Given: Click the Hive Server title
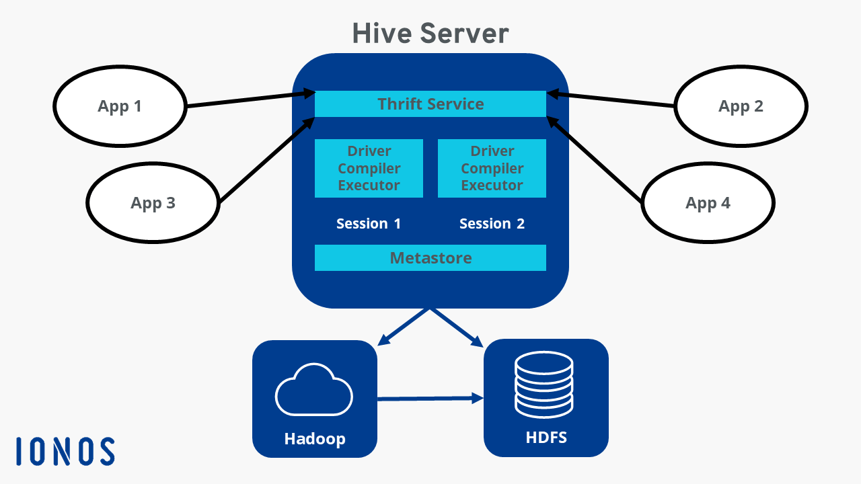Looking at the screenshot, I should [430, 33].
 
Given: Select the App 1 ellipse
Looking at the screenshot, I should [120, 106].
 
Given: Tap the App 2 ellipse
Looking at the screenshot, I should [741, 106].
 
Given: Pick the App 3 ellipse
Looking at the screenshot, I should [153, 203].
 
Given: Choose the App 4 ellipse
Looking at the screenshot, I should [708, 203].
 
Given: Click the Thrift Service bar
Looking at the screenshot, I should [430, 104].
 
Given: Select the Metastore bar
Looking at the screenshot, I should [430, 258].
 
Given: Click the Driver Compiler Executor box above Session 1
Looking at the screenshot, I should [369, 168].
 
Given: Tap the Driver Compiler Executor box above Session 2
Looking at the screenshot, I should [492, 168].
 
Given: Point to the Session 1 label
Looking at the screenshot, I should [369, 224].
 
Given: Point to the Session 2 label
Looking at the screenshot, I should [492, 224].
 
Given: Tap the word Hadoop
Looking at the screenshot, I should [314, 439].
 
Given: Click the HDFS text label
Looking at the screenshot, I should [546, 438].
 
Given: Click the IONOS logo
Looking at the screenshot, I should [65, 451].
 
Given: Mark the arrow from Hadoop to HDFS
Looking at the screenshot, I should [430, 399].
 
